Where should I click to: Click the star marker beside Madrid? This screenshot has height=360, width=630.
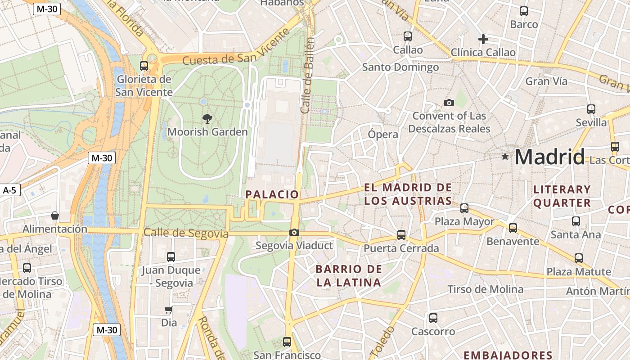pyautogui.click(x=505, y=157)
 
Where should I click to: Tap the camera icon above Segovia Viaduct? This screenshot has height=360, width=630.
pyautogui.click(x=294, y=233)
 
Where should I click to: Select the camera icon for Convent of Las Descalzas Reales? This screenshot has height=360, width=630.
pyautogui.click(x=449, y=103)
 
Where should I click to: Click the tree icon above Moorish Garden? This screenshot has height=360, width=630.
pyautogui.click(x=207, y=119)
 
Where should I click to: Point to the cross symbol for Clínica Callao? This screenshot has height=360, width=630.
pyautogui.click(x=483, y=39)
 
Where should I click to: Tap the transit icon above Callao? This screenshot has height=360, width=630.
pyautogui.click(x=408, y=36)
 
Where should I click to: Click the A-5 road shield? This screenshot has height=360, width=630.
pyautogui.click(x=9, y=190)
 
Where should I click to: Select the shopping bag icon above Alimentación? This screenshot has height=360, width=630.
pyautogui.click(x=55, y=216)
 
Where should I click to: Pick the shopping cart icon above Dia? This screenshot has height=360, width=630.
pyautogui.click(x=169, y=310)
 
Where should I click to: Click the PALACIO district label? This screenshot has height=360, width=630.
pyautogui.click(x=272, y=194)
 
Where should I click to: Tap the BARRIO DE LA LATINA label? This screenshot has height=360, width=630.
pyautogui.click(x=348, y=276)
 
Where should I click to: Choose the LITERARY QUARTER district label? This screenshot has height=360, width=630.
pyautogui.click(x=562, y=196)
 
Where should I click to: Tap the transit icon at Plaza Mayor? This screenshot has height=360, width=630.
pyautogui.click(x=464, y=208)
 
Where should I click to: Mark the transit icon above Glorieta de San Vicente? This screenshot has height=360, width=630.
pyautogui.click(x=144, y=66)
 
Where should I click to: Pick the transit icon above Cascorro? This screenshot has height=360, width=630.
pyautogui.click(x=433, y=318)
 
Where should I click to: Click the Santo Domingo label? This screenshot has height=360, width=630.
pyautogui.click(x=400, y=67)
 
